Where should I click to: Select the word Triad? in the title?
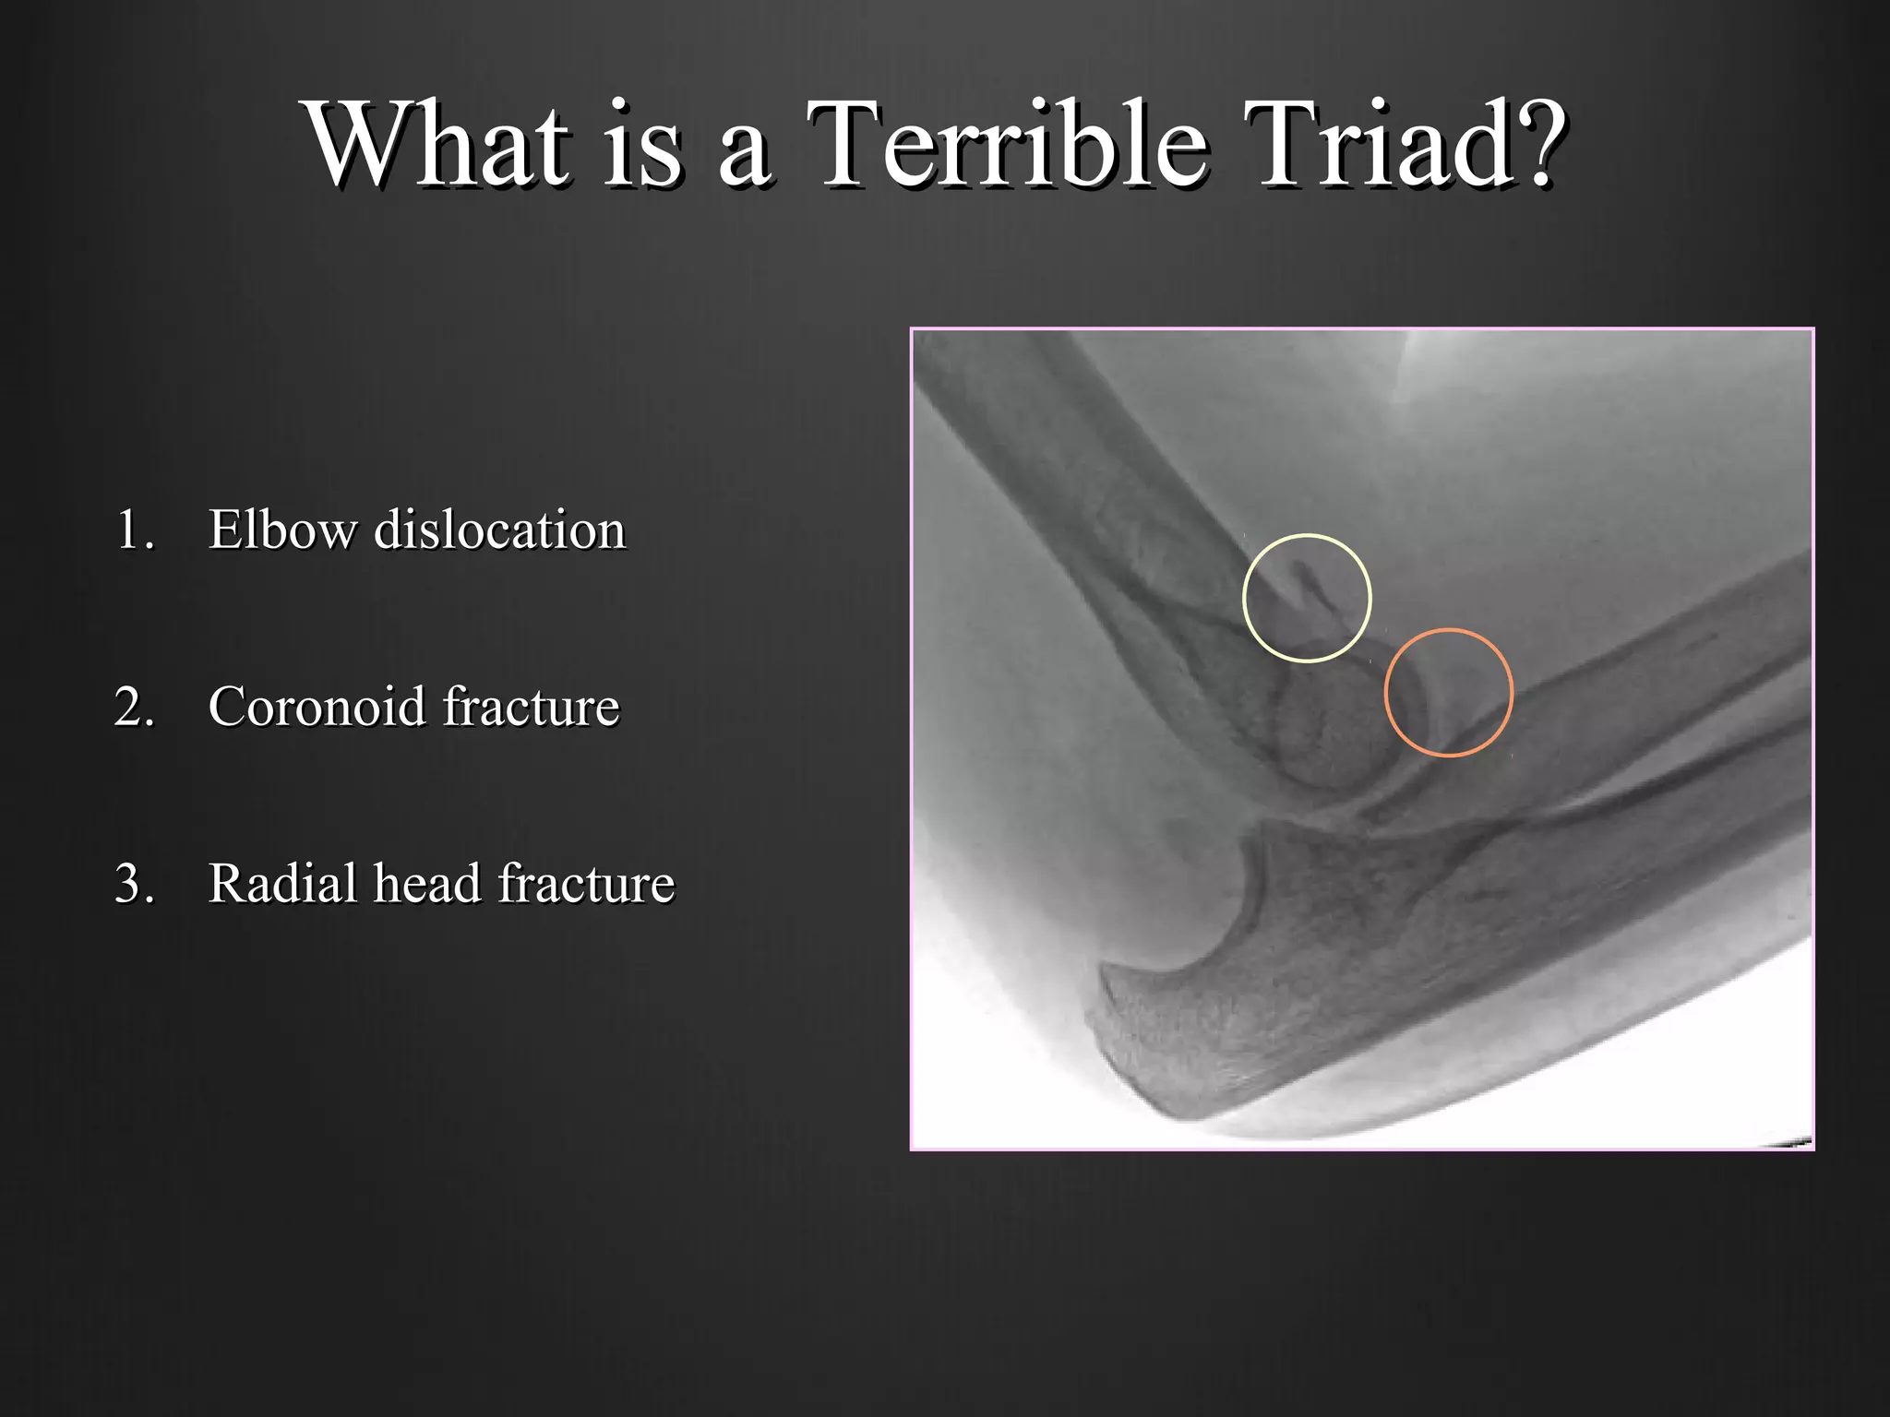pyautogui.click(x=1403, y=145)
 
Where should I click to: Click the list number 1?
pyautogui.click(x=134, y=530)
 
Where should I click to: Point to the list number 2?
pyautogui.click(x=134, y=708)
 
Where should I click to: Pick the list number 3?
pyautogui.click(x=134, y=884)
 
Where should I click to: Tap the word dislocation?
pyautogui.click(x=499, y=530)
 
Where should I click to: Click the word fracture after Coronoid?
pyautogui.click(x=531, y=708)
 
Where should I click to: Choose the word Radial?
pyautogui.click(x=281, y=884)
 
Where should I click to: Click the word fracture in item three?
pyautogui.click(x=587, y=884)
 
